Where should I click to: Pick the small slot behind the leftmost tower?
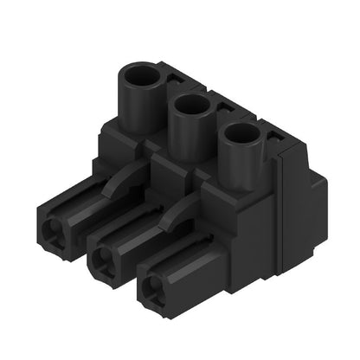[x=176, y=79]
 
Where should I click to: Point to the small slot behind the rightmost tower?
[x=279, y=137]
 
